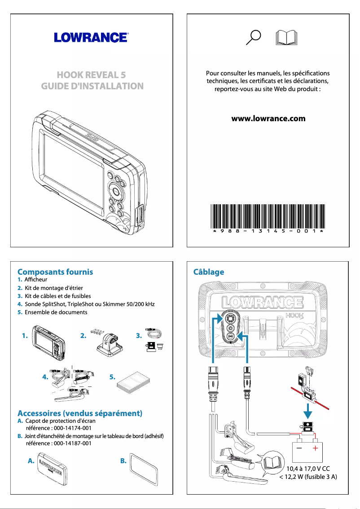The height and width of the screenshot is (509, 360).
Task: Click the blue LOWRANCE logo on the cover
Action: click(x=92, y=37)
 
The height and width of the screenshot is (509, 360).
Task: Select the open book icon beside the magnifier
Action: click(x=285, y=38)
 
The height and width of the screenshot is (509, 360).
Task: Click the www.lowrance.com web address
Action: click(x=268, y=119)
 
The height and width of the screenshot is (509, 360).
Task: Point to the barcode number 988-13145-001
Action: click(x=268, y=231)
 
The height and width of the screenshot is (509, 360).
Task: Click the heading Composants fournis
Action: click(x=55, y=272)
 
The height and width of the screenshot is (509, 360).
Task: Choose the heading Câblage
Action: click(x=208, y=272)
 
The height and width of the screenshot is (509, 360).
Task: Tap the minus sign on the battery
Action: click(x=299, y=448)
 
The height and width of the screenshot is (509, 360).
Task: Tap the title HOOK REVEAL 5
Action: click(x=92, y=75)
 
